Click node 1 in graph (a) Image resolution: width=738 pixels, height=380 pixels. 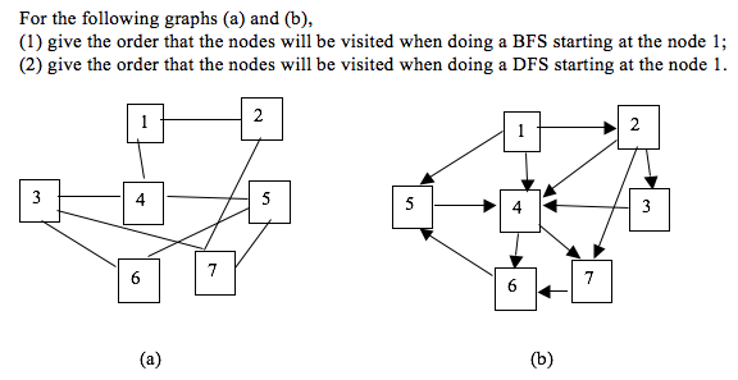145,123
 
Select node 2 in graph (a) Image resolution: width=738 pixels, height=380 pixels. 262,119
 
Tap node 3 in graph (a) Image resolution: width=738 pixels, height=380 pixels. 39,200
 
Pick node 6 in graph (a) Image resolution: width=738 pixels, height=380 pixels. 139,280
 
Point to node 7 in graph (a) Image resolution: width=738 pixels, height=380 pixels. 215,273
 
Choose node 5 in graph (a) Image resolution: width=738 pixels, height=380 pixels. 269,202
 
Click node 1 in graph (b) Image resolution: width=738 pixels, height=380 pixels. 522,131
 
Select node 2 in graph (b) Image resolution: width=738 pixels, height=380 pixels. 638,127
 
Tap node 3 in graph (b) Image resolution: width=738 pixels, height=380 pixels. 649,209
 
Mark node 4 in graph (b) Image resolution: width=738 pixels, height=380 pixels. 520,211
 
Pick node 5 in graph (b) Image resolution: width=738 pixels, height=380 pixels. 412,207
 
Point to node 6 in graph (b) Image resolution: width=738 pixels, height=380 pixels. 515,289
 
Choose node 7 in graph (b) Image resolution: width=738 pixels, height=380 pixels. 592,281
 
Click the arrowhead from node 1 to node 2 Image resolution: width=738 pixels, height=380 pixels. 610,128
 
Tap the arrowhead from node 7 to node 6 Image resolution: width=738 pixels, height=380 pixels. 544,291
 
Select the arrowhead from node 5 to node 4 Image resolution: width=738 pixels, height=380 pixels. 490,206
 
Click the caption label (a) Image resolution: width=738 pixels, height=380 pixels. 150,359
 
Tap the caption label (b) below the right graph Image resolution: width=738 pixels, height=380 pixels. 541,359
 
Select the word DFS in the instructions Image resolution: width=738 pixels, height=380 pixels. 530,65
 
